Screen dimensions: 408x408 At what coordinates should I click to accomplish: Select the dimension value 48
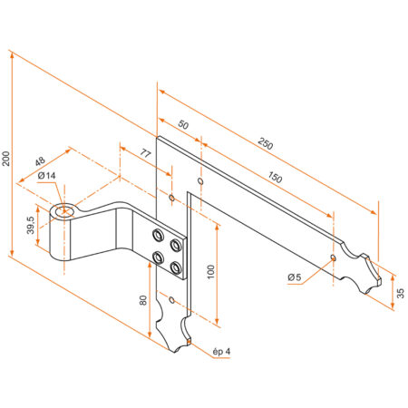pos(40,163)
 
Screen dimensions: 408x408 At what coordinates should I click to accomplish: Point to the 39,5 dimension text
pos(31,222)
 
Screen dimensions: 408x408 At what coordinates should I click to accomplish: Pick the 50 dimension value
pos(182,124)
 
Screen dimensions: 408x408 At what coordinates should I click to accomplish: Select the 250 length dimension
pos(266,143)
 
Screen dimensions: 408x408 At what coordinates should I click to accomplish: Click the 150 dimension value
pos(275,178)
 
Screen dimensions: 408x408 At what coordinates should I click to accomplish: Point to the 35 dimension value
pos(401,293)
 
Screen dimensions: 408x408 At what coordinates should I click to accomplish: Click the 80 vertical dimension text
pos(143,299)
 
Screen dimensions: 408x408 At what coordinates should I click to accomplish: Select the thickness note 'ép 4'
pos(221,350)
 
